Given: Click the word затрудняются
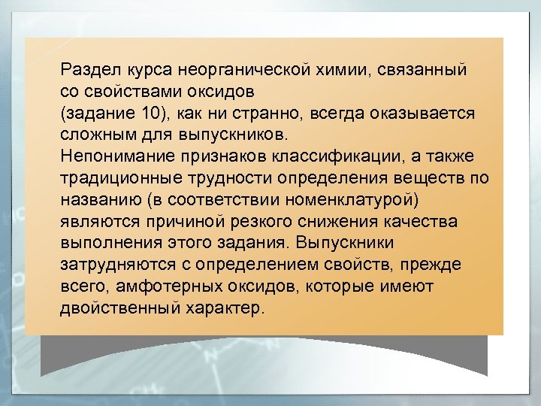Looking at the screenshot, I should pyautogui.click(x=109, y=265).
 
